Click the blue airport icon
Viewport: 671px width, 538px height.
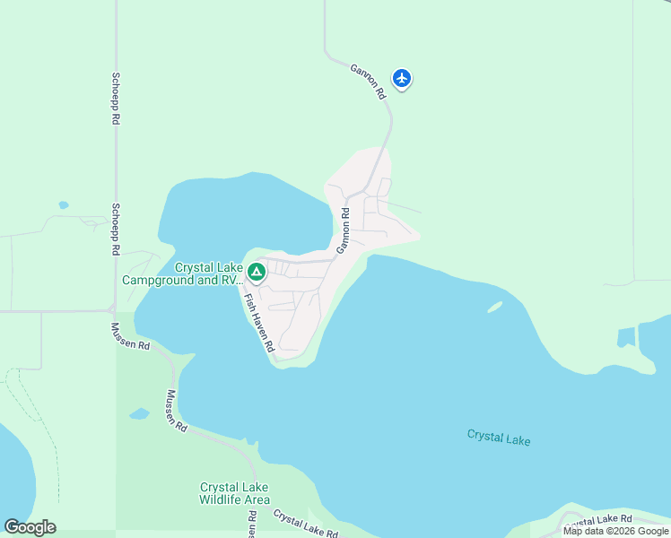402,79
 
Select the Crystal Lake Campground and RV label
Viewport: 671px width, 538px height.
183,273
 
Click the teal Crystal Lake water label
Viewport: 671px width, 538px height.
499,438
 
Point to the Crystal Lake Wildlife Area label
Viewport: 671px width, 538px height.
234,493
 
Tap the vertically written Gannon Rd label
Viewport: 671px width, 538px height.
343,230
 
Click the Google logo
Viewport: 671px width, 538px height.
30,527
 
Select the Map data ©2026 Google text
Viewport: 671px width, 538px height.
615,531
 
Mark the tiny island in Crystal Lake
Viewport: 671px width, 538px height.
494,307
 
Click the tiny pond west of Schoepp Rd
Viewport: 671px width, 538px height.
63,205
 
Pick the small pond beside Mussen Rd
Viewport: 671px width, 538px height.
139,414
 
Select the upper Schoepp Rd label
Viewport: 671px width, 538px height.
116,99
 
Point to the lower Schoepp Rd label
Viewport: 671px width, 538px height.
116,230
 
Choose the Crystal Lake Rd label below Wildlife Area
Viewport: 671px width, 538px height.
305,525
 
